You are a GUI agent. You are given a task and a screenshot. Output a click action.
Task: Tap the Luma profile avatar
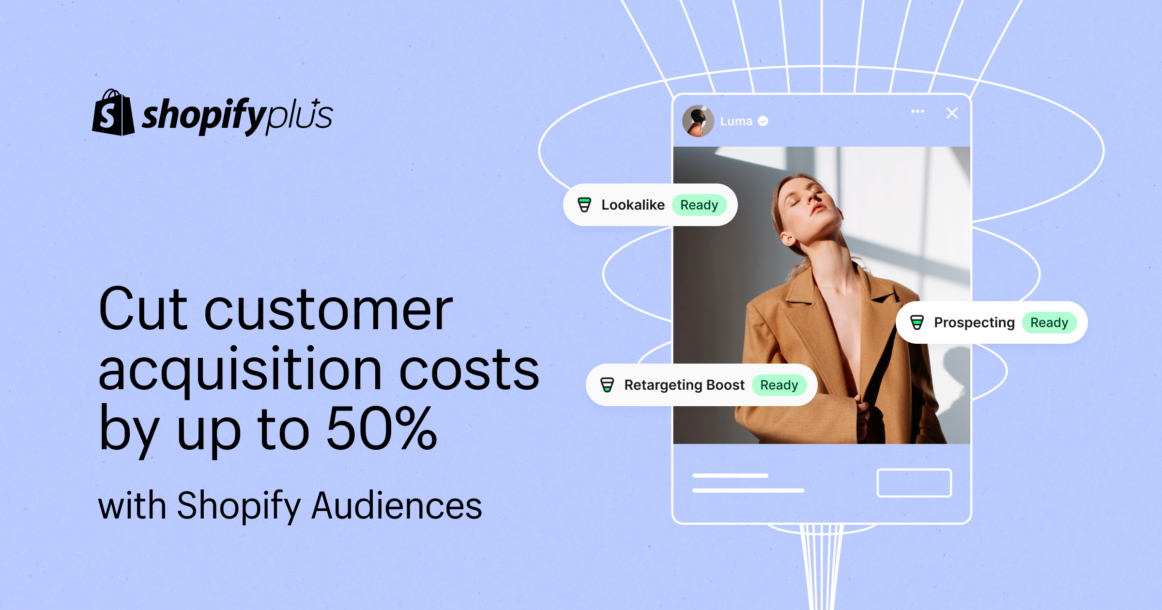coord(698,121)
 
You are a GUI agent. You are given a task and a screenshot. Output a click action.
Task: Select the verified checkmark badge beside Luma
coord(763,121)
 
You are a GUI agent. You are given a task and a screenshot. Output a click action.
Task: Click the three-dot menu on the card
coord(917,111)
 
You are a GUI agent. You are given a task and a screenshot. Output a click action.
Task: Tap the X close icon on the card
coord(952,113)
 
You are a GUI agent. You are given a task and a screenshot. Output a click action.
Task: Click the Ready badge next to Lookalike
coord(699,205)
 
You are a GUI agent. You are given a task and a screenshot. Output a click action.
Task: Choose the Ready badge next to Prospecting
coord(1049,322)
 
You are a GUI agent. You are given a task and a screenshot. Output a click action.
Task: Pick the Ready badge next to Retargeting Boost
coord(779,385)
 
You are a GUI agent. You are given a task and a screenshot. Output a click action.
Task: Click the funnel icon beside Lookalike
coord(584,205)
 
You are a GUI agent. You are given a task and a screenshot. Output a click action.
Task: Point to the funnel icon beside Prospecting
coord(917,322)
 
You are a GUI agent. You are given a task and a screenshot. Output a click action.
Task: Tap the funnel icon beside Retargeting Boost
coord(607,385)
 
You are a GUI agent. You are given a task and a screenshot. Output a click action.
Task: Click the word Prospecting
coord(974,323)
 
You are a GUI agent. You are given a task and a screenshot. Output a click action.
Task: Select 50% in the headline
coord(382,428)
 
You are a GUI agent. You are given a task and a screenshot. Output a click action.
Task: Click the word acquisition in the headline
coord(240,370)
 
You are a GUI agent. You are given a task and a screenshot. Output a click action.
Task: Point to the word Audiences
coord(397,505)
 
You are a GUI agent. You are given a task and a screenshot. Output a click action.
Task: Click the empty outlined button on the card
coord(914,483)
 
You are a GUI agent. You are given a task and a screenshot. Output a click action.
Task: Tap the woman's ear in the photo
coord(788,237)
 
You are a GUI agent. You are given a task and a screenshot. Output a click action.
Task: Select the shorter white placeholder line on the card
coord(730,475)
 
